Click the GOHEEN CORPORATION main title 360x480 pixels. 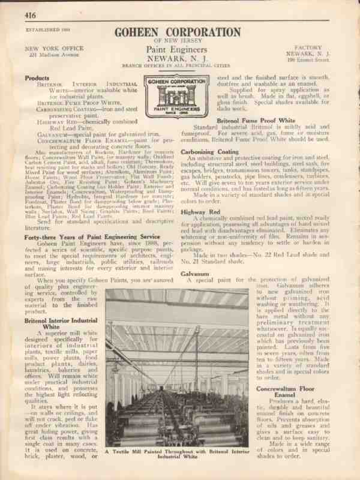pyautogui.click(x=180, y=32)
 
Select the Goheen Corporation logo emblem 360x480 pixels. pyautogui.click(x=179, y=96)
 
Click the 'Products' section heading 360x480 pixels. pyautogui.click(x=38, y=78)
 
